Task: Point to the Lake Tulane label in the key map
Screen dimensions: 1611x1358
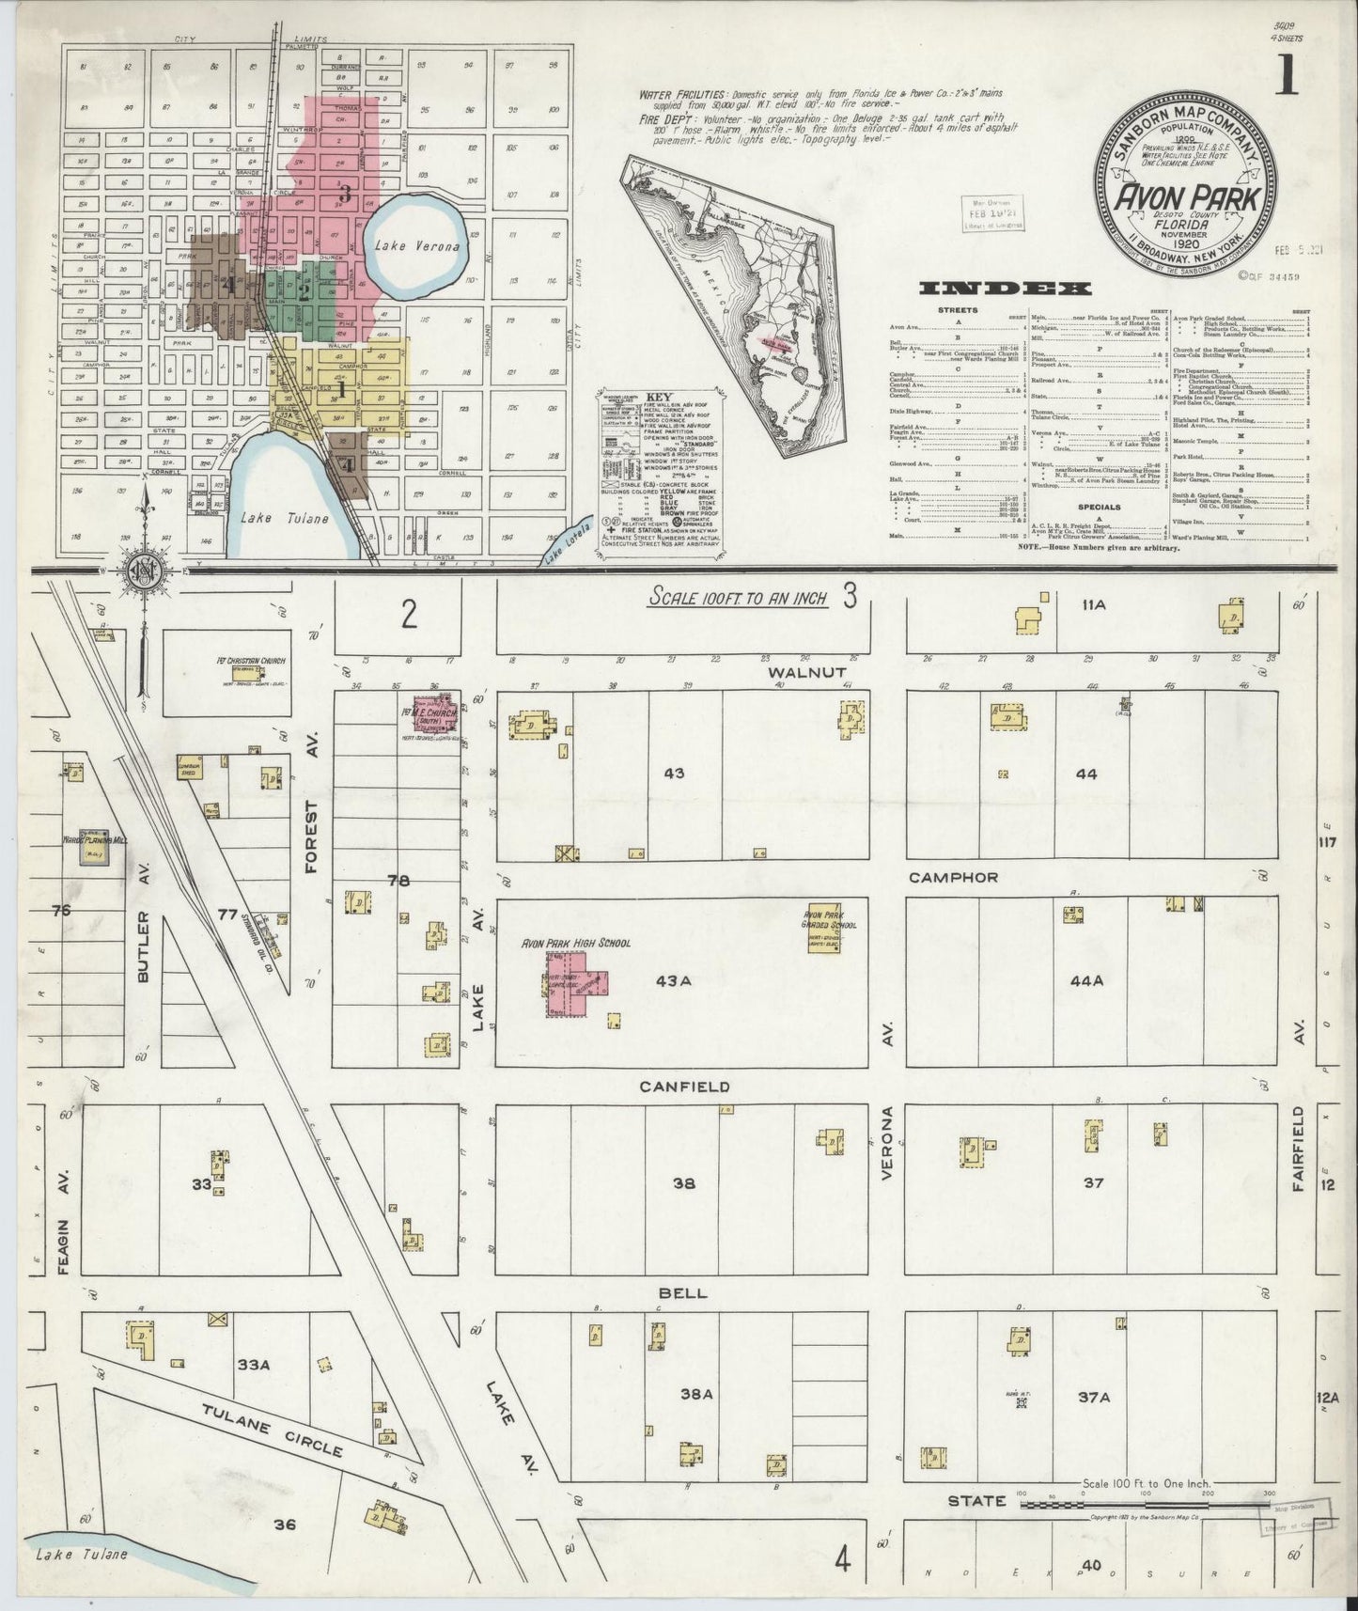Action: tap(283, 517)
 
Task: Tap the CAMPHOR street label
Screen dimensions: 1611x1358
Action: tap(953, 877)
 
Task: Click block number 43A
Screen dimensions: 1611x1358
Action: tap(673, 980)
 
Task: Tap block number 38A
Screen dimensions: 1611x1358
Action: tap(696, 1395)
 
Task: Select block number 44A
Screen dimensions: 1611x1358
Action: tap(1085, 980)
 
